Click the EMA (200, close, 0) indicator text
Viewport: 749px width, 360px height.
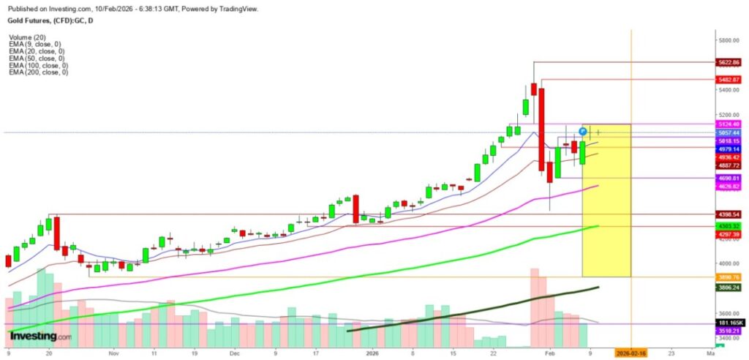pyautogui.click(x=39, y=72)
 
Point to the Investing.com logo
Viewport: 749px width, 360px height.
pyautogui.click(x=40, y=336)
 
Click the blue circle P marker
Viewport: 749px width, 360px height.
pyautogui.click(x=583, y=131)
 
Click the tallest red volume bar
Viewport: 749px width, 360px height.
pyautogui.click(x=534, y=307)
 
